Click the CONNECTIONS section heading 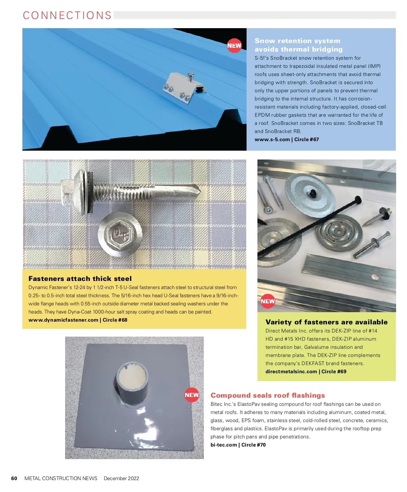(67, 16)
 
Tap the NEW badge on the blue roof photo (234, 45)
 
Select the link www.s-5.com (272, 139)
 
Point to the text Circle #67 (306, 139)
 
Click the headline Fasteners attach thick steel (80, 279)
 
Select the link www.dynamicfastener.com (63, 320)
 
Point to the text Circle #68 (115, 320)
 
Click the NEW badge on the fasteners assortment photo (268, 301)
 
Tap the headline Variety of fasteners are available (326, 322)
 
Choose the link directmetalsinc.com (291, 372)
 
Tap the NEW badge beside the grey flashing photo (192, 395)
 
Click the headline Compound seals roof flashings (268, 395)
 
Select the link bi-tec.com (224, 445)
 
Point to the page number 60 (14, 478)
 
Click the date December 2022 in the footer (121, 478)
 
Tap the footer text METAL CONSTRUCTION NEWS (61, 478)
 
